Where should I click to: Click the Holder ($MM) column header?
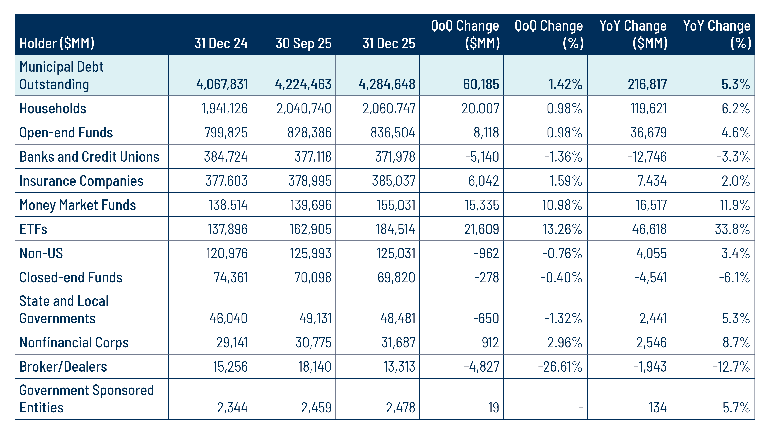[57, 43]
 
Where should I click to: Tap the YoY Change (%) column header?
[717, 34]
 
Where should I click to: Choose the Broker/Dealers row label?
[63, 367]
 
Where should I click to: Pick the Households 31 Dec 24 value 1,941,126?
[224, 108]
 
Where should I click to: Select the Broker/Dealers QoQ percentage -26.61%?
[560, 367]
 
